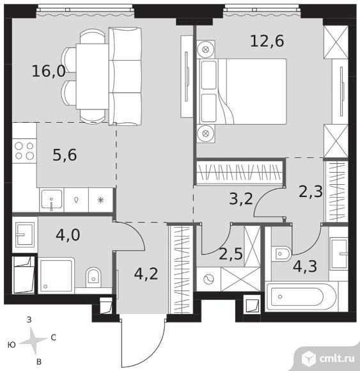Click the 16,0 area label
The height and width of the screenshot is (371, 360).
click(49, 71)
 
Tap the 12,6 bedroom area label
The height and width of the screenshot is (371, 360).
click(267, 41)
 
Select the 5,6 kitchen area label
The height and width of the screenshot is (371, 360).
click(65, 155)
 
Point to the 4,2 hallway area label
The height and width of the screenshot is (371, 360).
click(146, 274)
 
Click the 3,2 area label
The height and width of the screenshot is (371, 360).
click(241, 198)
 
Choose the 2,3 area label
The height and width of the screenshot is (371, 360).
click(311, 191)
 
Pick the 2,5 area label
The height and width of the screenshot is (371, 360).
click(231, 254)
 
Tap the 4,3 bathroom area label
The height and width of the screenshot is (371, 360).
click(305, 266)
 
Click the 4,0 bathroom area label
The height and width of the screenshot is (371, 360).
click(68, 235)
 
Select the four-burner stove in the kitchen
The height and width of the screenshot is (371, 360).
click(24, 151)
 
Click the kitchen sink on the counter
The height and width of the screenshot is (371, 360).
click(52, 200)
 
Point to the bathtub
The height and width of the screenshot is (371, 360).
click(301, 296)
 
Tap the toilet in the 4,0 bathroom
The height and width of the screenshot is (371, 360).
click(93, 277)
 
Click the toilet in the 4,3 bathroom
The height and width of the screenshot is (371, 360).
click(281, 254)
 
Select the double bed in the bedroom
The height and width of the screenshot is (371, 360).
click(242, 91)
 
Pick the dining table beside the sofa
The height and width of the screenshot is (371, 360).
click(92, 76)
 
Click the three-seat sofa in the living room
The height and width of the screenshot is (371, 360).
click(125, 76)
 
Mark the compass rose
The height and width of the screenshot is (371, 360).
click(33, 341)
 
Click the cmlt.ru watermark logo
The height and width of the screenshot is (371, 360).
click(328, 358)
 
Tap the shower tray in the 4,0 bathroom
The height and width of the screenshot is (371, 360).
click(56, 275)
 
